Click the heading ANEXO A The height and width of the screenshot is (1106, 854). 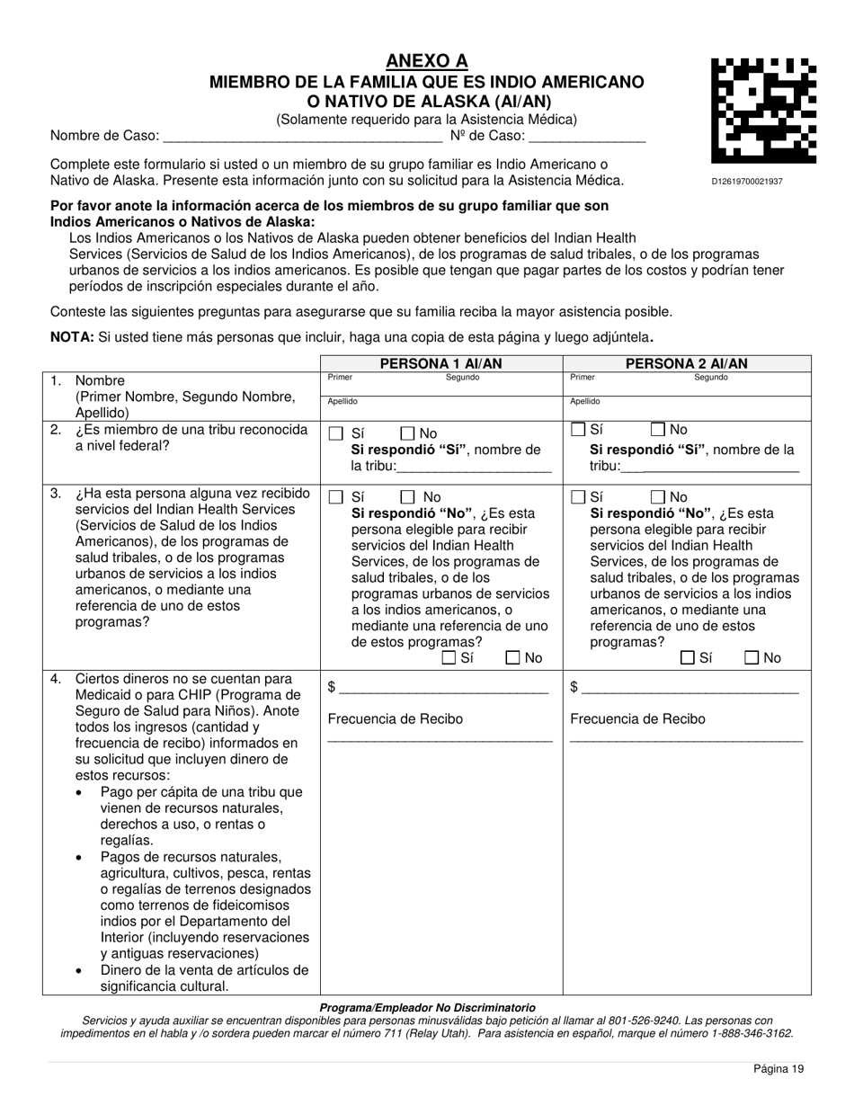(427, 61)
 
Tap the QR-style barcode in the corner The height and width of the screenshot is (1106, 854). (763, 111)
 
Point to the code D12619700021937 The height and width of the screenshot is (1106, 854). (746, 182)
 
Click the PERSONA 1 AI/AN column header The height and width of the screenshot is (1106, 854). (440, 364)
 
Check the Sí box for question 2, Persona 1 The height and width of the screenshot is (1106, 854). (336, 433)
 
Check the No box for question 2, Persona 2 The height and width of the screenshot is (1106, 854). (658, 430)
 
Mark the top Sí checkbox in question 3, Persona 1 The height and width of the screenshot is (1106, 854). (336, 497)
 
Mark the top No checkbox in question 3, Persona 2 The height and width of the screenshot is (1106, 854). (658, 497)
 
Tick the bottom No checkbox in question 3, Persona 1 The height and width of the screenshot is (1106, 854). (513, 658)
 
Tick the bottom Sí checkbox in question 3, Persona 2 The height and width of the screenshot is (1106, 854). (688, 658)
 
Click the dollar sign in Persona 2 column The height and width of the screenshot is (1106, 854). (574, 688)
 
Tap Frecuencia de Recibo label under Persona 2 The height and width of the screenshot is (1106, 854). (637, 719)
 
